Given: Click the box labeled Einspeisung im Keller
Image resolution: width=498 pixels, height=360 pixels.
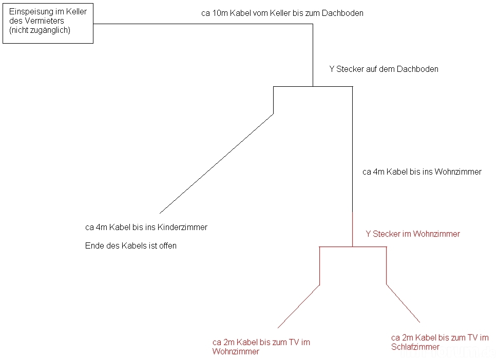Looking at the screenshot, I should [48, 23].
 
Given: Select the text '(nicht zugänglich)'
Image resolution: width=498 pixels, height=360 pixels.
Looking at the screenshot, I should [40, 30].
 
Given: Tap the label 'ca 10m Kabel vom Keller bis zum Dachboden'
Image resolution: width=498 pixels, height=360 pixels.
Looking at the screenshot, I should [282, 13].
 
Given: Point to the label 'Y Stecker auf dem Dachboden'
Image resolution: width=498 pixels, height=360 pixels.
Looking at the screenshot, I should [384, 69].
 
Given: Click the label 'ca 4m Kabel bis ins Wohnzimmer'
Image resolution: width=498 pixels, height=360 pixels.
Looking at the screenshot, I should [422, 172].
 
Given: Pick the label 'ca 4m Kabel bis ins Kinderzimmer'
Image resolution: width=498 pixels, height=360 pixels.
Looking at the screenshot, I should [146, 227].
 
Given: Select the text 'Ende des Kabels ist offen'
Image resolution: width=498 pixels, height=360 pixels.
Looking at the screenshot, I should [131, 246].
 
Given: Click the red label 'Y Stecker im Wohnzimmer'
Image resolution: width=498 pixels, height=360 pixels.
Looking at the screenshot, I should [413, 234].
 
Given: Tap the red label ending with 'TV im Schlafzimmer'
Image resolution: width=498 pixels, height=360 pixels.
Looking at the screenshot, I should [439, 342].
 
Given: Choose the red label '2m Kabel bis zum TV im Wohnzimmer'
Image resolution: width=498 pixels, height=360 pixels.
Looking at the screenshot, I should [261, 347].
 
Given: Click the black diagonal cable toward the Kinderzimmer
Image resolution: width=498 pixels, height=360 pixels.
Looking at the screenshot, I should [216, 163].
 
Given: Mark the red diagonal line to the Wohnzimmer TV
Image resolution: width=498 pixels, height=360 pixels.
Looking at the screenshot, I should [299, 306].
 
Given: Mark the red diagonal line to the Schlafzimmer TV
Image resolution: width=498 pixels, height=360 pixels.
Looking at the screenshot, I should [403, 303].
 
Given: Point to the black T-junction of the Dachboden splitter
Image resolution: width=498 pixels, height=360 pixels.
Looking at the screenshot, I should [313, 86].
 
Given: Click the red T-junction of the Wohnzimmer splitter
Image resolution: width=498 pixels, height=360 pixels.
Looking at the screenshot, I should [352, 247].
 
